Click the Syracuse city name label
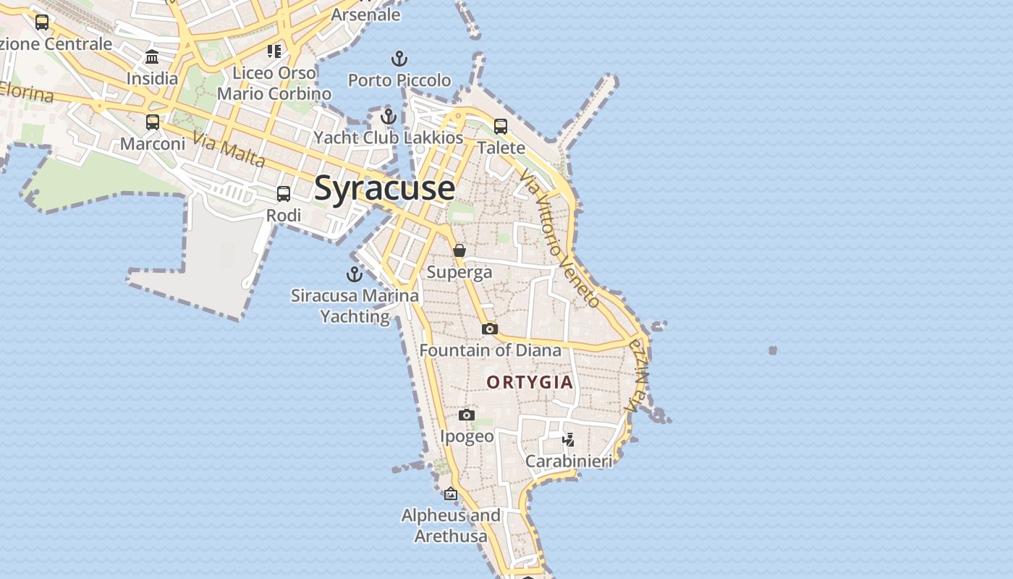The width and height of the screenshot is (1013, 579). pos(384,188)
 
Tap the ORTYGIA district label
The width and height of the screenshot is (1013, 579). pos(530,382)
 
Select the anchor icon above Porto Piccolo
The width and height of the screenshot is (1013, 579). pos(399,59)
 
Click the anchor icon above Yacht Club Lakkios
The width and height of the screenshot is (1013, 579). pos(389,116)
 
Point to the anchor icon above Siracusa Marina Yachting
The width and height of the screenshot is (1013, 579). pos(354,274)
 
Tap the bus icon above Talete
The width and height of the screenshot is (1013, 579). pos(500,127)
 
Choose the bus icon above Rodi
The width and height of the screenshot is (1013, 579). pos(284,194)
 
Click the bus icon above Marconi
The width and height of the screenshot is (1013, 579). pos(153,122)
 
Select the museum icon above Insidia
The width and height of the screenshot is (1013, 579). pos(152,57)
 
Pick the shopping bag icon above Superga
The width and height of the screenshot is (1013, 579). pos(459,250)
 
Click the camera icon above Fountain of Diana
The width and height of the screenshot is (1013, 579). pos(490,329)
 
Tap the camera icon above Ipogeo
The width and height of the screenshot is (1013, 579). pos(467,415)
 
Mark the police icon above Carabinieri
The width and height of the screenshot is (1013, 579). pos(569,439)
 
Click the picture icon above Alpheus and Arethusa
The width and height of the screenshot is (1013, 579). pos(451,494)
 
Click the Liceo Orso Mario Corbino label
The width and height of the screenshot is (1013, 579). pos(274,83)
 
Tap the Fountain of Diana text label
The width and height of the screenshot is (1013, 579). pos(490,350)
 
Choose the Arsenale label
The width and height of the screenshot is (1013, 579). pos(365,14)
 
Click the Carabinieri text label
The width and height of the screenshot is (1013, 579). pos(569,461)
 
